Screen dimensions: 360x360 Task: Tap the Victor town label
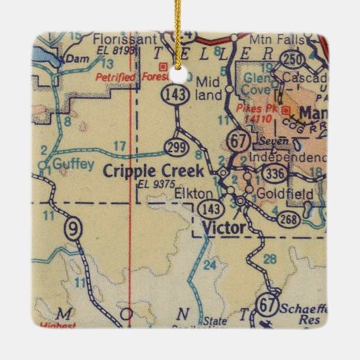(x=221, y=228)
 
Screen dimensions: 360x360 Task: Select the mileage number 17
(x=120, y=145)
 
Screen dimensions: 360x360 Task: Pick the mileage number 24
(x=209, y=264)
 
